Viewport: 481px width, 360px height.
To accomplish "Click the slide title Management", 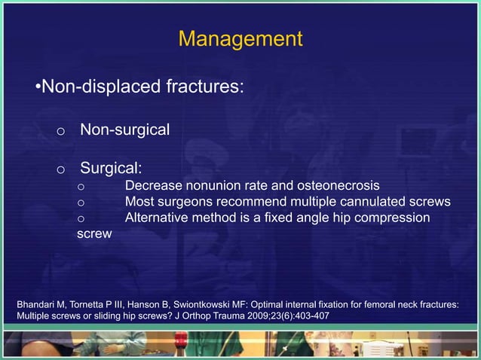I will pos(240,38).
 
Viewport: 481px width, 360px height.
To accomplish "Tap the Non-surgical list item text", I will pos(124,130).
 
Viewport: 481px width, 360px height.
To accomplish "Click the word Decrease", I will pos(154,185).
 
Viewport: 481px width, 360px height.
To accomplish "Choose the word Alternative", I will pos(159,218).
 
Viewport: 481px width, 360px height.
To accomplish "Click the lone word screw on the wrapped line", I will pos(95,234).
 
